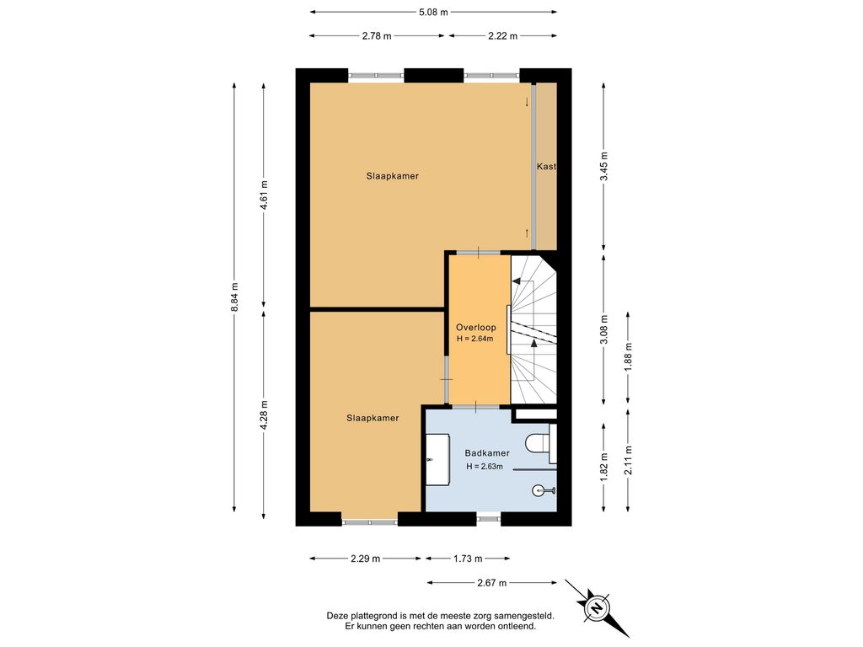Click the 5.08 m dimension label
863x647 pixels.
[x=433, y=12]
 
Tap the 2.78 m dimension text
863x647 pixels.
[x=377, y=36]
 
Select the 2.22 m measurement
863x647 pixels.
[x=502, y=36]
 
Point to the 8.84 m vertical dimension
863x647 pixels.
[x=235, y=297]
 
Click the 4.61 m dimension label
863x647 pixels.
[x=264, y=195]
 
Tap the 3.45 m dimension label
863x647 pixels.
[x=603, y=166]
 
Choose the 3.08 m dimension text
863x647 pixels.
[x=603, y=329]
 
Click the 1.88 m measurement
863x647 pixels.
[x=628, y=357]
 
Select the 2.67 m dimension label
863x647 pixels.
[x=491, y=583]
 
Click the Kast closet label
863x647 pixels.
[x=546, y=166]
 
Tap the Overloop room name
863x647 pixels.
[x=476, y=328]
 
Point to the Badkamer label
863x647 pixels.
[x=487, y=453]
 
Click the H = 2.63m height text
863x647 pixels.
[x=485, y=467]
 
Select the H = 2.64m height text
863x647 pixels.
[x=475, y=339]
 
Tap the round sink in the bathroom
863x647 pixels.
[x=539, y=490]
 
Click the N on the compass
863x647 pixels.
[x=596, y=608]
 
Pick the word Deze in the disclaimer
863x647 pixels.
[x=337, y=616]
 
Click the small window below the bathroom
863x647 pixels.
[x=489, y=518]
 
